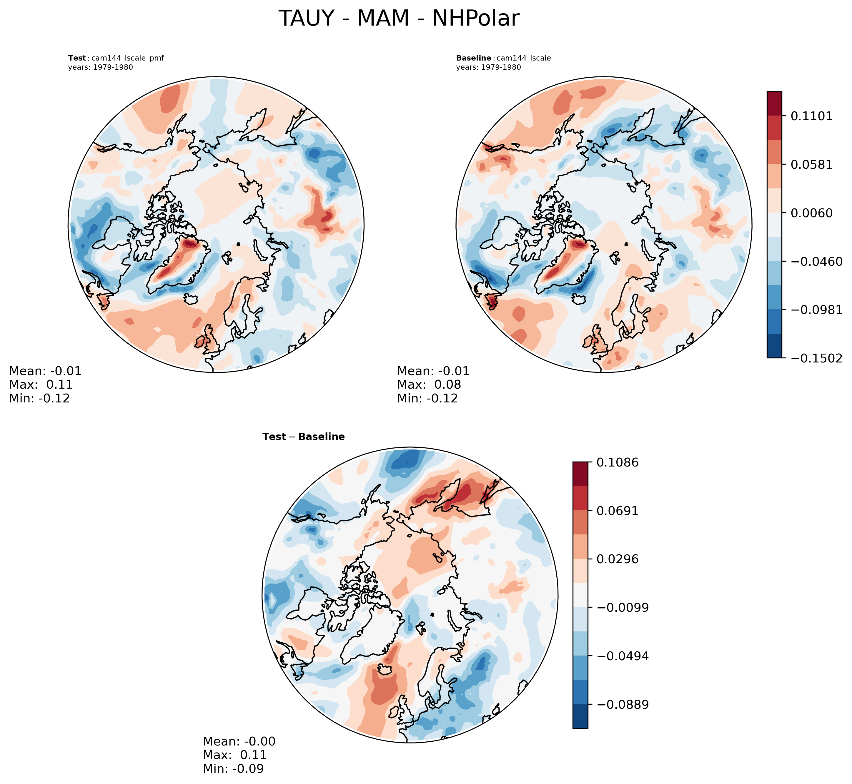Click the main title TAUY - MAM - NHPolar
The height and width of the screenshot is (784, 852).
pyautogui.click(x=399, y=19)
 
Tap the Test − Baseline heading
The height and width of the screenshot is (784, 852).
pyautogui.click(x=304, y=437)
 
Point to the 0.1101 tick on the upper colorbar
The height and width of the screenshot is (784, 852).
pyautogui.click(x=811, y=116)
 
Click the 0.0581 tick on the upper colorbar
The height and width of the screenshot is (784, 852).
pyautogui.click(x=811, y=164)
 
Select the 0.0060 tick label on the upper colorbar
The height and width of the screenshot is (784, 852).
pyautogui.click(x=811, y=213)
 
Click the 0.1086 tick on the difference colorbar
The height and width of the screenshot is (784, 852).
pyautogui.click(x=617, y=462)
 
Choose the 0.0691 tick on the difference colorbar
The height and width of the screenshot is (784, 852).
pyautogui.click(x=617, y=511)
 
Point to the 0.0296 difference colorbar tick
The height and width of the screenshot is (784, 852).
pyautogui.click(x=617, y=559)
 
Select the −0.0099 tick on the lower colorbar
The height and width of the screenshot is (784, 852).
pyautogui.click(x=622, y=608)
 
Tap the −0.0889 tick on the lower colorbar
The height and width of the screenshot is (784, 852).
pyautogui.click(x=622, y=705)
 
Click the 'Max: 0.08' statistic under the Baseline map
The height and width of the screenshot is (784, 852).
pyautogui.click(x=429, y=385)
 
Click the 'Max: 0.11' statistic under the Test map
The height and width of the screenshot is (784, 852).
pyautogui.click(x=41, y=385)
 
